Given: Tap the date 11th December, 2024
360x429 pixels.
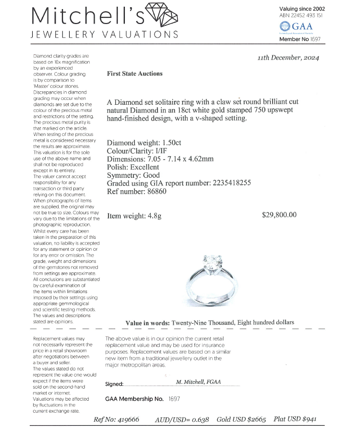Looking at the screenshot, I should click(288, 58).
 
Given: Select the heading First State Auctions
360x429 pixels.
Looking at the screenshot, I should click(134, 74).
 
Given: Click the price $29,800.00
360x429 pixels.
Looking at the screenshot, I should click(279, 215).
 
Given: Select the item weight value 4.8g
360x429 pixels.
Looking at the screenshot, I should click(153, 216).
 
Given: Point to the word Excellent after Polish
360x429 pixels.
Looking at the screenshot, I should click(144, 167).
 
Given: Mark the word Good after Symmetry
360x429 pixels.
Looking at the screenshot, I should click(151, 175).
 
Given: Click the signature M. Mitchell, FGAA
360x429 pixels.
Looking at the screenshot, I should click(198, 382).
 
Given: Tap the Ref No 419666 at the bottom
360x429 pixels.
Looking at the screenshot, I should click(129, 419).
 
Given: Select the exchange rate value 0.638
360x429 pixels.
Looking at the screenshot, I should click(199, 419).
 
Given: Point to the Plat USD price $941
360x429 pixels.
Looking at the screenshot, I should click(305, 419).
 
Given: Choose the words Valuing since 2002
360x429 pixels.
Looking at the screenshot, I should click(302, 9).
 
